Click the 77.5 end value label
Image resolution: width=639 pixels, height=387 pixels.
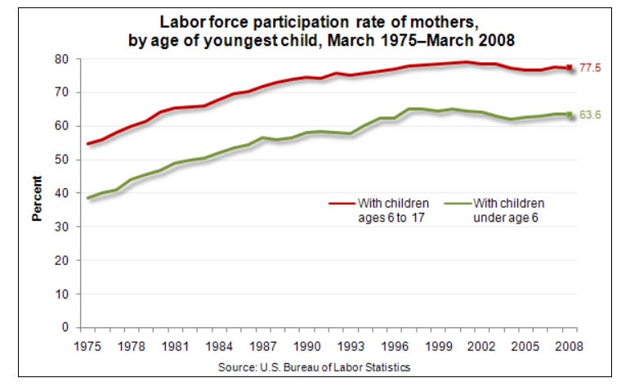(x=591, y=69)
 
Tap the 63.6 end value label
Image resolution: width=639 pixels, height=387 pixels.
(x=591, y=115)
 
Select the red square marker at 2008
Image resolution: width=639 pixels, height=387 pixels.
(x=570, y=68)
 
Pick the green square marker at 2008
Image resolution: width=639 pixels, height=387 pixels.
(x=570, y=115)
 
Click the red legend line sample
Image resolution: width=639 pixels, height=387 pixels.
(x=342, y=203)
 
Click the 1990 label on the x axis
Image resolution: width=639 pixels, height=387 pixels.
(x=306, y=346)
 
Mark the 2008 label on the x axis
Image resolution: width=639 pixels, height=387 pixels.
(x=570, y=346)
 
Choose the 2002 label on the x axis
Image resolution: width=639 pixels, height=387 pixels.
(x=482, y=346)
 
